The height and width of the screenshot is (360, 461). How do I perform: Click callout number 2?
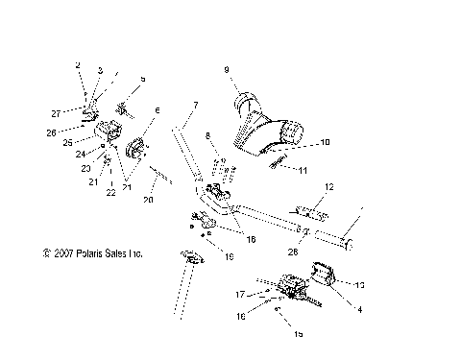click(78, 65)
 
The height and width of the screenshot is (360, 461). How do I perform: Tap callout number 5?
click(143, 80)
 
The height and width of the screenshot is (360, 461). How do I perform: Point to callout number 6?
click(158, 110)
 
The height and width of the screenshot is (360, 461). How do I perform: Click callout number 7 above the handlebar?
click(195, 103)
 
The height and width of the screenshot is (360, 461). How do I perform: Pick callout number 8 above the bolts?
click(206, 138)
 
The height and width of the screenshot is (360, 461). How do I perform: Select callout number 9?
click(227, 69)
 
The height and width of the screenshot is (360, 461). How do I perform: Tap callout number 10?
click(325, 142)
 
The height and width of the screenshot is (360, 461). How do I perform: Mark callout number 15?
click(299, 333)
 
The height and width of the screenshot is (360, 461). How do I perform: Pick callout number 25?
click(67, 141)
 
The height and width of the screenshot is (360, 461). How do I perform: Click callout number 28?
click(293, 251)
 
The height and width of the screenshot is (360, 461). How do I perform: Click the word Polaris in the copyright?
click(99, 254)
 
